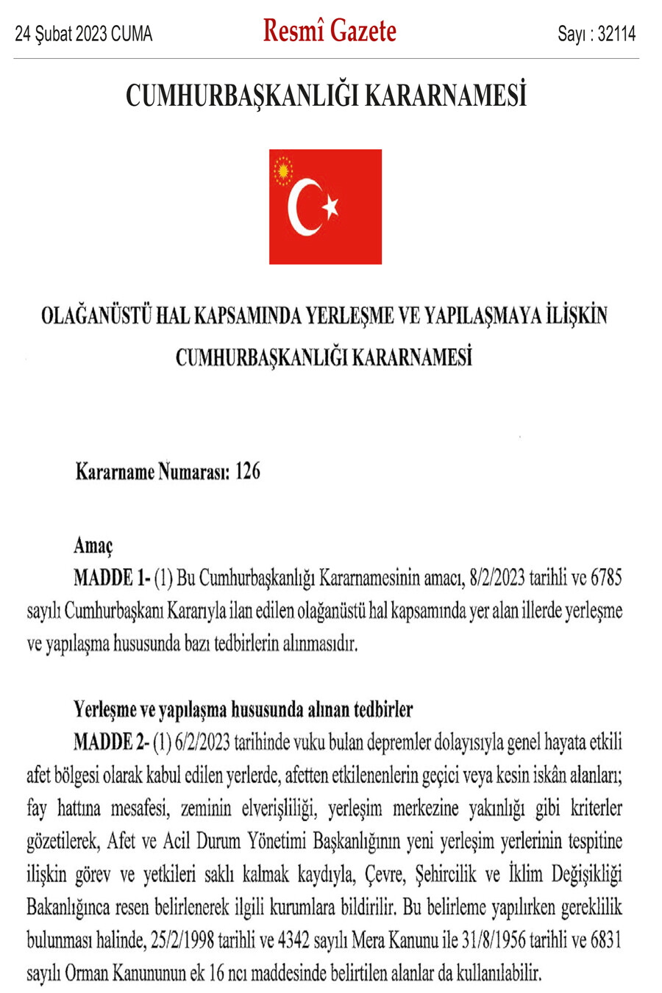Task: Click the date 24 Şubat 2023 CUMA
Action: click(83, 34)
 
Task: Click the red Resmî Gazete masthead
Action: click(330, 31)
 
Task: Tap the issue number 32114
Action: click(616, 34)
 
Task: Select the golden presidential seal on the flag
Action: click(282, 171)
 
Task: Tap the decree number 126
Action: click(248, 471)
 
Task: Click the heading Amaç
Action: click(93, 545)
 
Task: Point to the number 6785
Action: click(606, 578)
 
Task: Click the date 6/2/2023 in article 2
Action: click(202, 742)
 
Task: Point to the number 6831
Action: click(606, 941)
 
